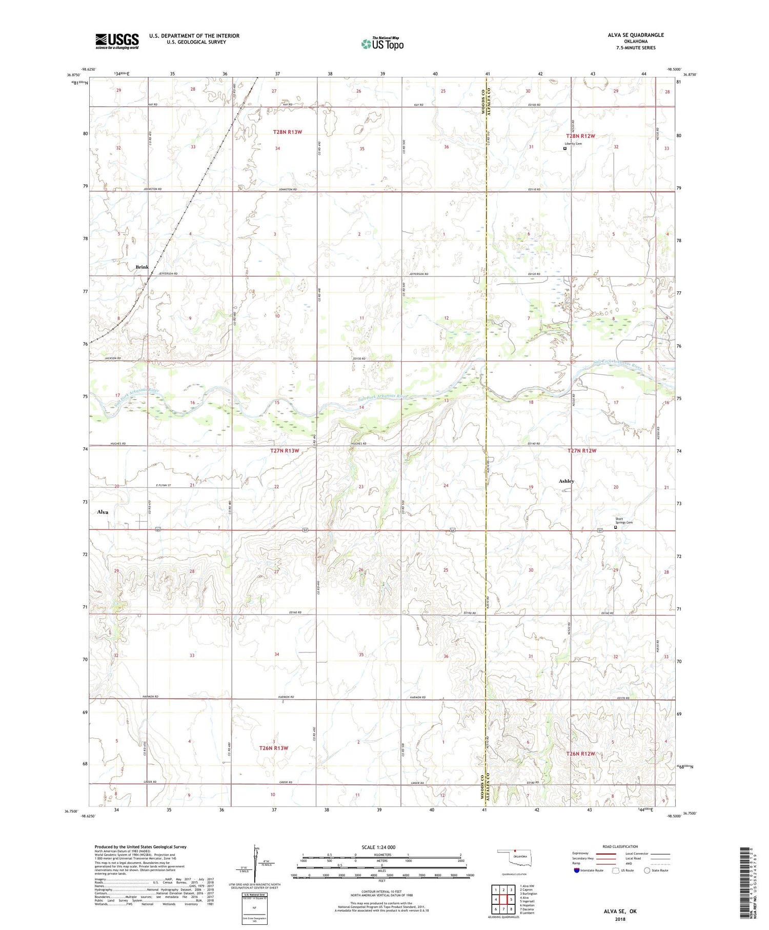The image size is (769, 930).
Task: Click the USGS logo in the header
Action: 117,41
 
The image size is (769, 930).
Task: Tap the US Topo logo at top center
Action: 382,44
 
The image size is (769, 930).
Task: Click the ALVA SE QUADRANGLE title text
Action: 635,35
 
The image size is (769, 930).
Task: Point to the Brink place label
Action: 142,267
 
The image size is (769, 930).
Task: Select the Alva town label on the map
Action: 103,512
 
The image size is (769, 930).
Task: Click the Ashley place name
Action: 566,481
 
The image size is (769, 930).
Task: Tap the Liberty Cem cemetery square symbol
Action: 565,149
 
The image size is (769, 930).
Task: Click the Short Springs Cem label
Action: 623,521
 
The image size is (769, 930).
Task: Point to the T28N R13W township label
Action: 287,132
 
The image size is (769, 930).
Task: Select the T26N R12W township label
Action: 580,754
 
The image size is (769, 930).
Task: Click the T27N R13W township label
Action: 285,450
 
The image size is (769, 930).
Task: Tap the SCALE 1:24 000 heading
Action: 378,847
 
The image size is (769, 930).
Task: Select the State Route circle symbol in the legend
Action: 647,870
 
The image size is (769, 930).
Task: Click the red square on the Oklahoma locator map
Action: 515,853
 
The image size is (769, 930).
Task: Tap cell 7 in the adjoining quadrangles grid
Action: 503,909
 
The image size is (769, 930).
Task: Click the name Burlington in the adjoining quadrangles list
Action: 529,894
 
